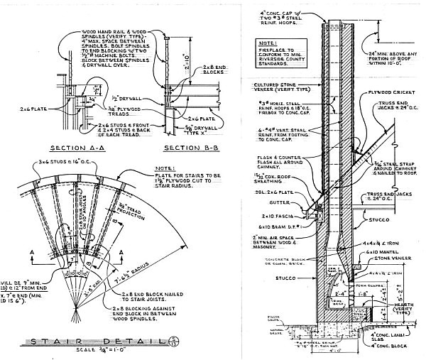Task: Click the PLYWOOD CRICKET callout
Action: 393,94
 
